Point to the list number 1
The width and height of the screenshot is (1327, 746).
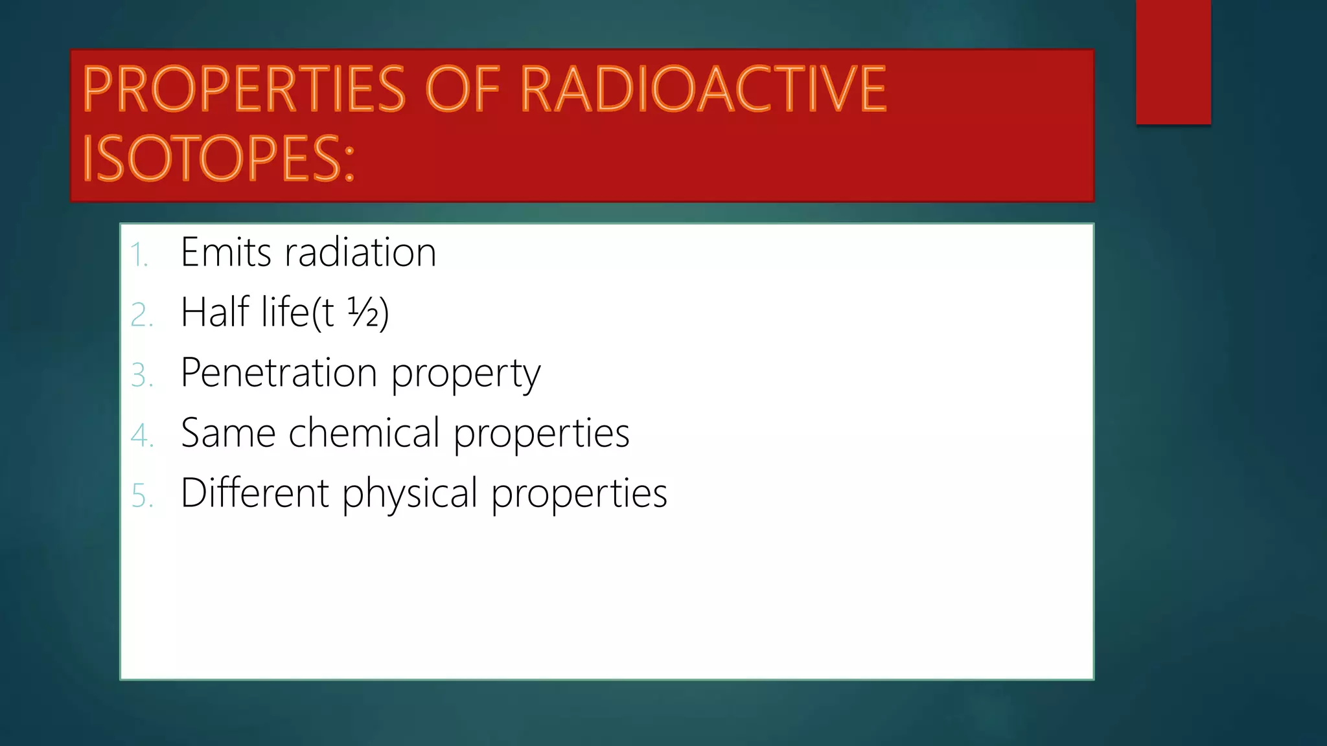click(x=139, y=254)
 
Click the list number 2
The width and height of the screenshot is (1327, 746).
click(x=141, y=315)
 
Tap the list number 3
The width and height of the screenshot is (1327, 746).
click(x=141, y=376)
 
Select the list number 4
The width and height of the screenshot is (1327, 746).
click(x=141, y=435)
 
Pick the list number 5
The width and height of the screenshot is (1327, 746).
click(x=141, y=495)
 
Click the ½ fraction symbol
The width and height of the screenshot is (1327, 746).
click(x=363, y=312)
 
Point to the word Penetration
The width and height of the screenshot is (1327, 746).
click(x=279, y=372)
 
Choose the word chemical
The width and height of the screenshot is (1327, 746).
click(x=364, y=433)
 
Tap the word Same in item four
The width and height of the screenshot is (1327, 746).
click(x=228, y=433)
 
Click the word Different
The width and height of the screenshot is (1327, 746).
click(x=255, y=493)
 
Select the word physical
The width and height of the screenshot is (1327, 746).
click(x=410, y=494)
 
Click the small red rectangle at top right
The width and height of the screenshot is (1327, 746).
click(x=1173, y=62)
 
